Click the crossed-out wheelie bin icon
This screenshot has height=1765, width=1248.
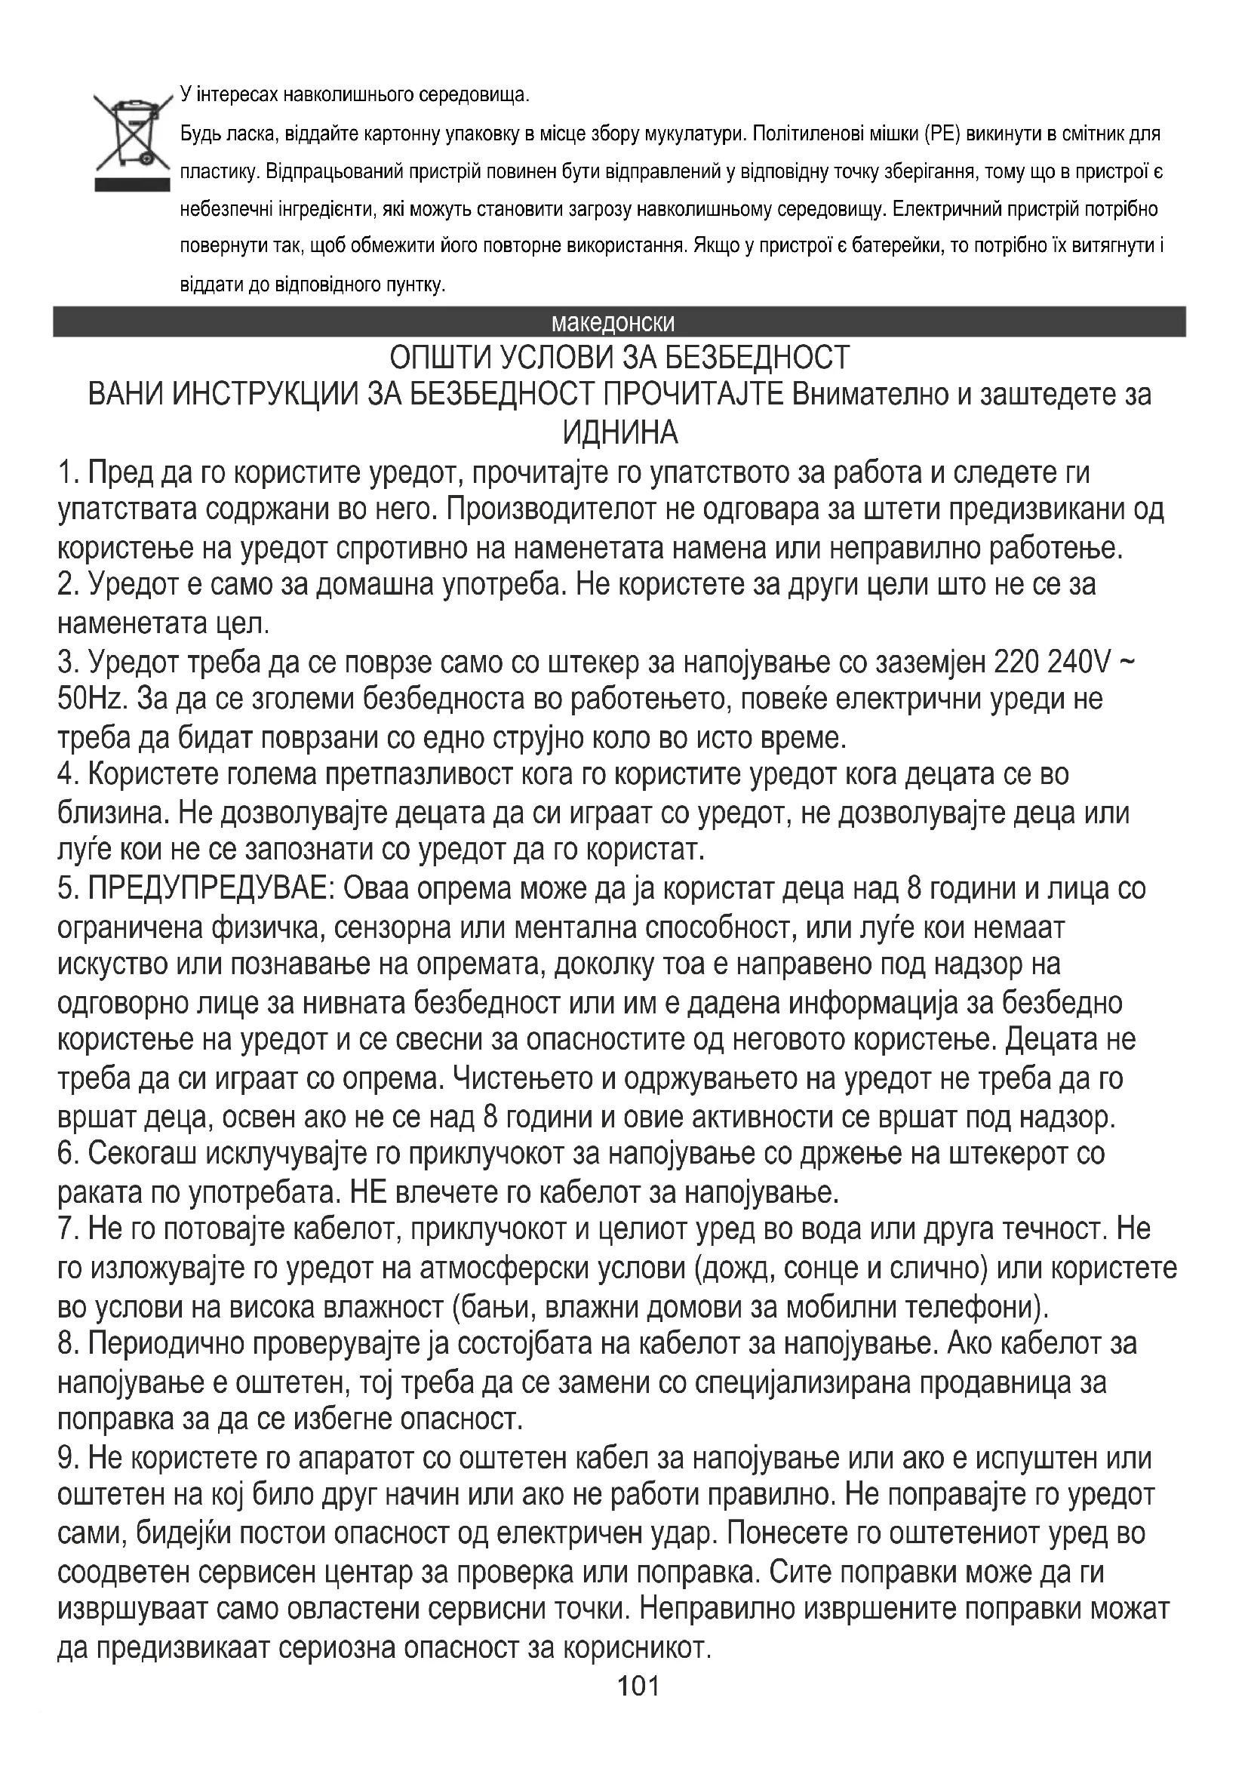(131, 140)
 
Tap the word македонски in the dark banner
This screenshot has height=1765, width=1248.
(613, 322)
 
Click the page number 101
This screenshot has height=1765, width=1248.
(638, 1708)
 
